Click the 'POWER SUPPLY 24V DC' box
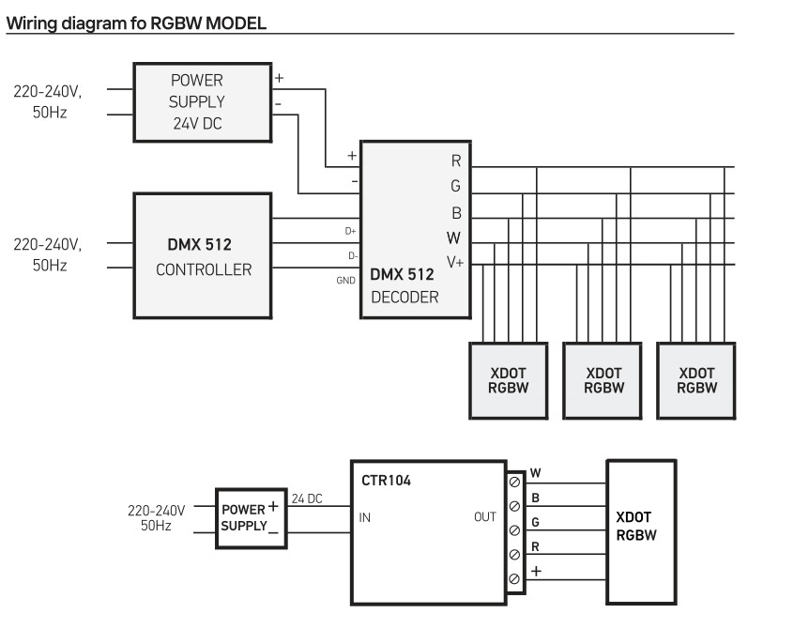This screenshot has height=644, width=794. click(202, 101)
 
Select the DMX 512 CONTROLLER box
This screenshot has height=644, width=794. click(203, 255)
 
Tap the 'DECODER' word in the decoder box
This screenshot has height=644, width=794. click(404, 298)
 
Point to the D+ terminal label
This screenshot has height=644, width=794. click(351, 230)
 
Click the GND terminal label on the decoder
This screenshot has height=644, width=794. click(344, 281)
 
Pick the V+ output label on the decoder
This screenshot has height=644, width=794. click(455, 262)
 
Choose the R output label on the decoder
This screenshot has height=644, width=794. click(456, 161)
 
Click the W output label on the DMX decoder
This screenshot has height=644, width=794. click(454, 238)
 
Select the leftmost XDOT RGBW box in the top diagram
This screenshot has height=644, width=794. click(508, 379)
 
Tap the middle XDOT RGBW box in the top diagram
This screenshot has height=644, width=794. click(603, 379)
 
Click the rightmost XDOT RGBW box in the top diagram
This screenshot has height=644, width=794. click(695, 379)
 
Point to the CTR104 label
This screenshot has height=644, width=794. click(386, 481)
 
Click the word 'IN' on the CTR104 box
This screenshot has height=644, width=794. click(365, 516)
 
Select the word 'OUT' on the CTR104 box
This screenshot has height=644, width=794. click(485, 516)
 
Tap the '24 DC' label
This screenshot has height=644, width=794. click(306, 498)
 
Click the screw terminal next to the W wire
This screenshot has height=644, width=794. click(513, 483)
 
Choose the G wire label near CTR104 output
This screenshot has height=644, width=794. click(535, 521)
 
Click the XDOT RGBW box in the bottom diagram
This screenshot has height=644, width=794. click(641, 531)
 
